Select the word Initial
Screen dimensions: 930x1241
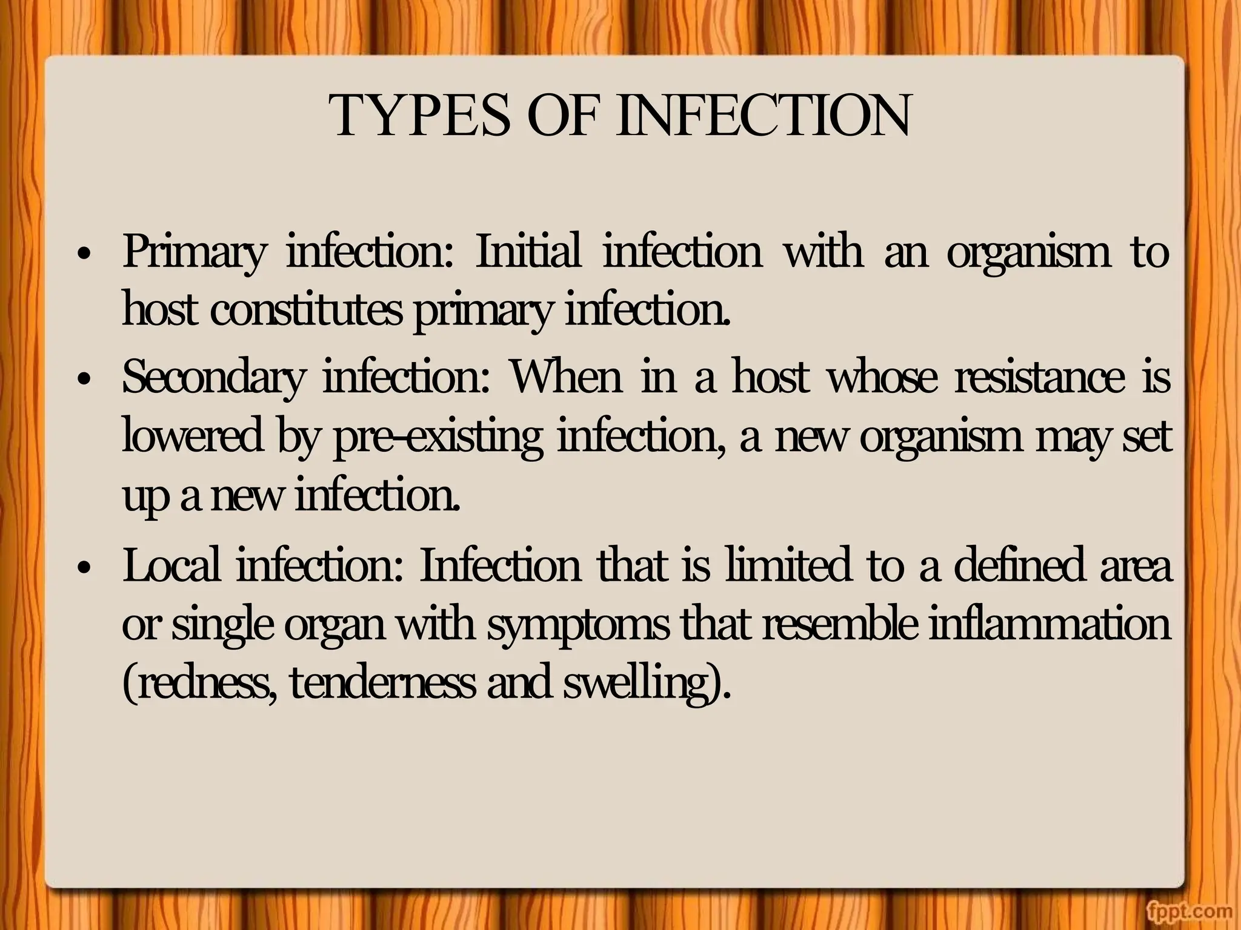[x=527, y=251]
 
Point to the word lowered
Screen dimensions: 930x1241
[x=193, y=436]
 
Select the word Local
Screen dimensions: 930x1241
[x=171, y=566]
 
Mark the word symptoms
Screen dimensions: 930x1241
[x=578, y=626]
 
